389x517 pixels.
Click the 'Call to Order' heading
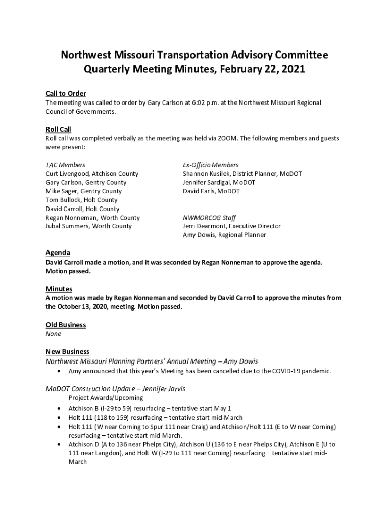pos(66,94)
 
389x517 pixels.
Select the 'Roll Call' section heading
pos(58,130)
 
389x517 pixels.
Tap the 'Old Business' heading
pos(66,325)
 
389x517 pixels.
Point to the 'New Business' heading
pos(68,352)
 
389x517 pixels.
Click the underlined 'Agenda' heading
pos(58,253)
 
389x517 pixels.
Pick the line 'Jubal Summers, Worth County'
pos(89,226)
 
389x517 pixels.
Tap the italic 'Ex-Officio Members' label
pos(211,165)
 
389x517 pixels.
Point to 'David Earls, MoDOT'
pos(211,191)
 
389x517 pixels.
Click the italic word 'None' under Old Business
pos(53,334)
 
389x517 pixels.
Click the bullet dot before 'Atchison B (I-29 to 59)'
pos(61,408)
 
